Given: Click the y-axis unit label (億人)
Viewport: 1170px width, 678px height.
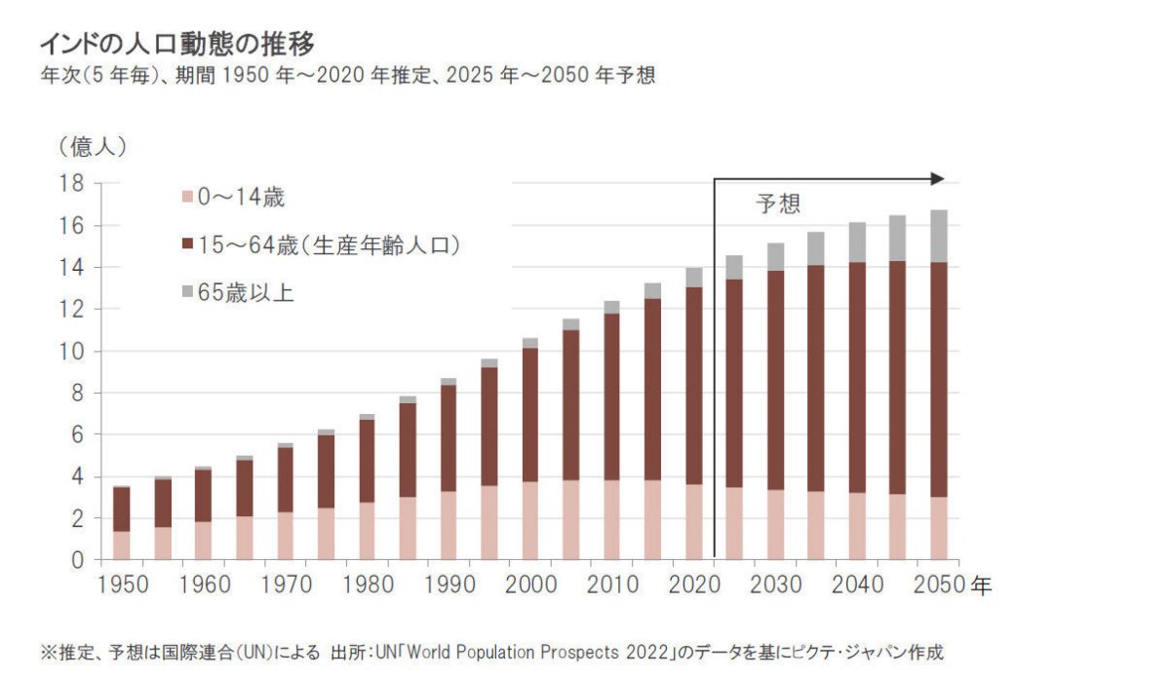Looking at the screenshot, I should (93, 147).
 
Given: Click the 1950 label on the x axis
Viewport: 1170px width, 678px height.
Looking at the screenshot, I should (122, 585).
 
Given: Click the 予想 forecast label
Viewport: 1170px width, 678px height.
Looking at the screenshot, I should (777, 204).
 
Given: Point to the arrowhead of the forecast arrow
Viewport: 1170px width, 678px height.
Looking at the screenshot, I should (938, 178).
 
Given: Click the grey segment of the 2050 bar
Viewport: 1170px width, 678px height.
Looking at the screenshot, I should (939, 236).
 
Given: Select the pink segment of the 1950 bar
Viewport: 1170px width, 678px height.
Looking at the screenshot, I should (122, 546).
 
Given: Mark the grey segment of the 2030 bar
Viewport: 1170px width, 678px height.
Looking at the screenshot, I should (775, 256).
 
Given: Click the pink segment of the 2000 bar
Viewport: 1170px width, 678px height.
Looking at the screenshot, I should (529, 521).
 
